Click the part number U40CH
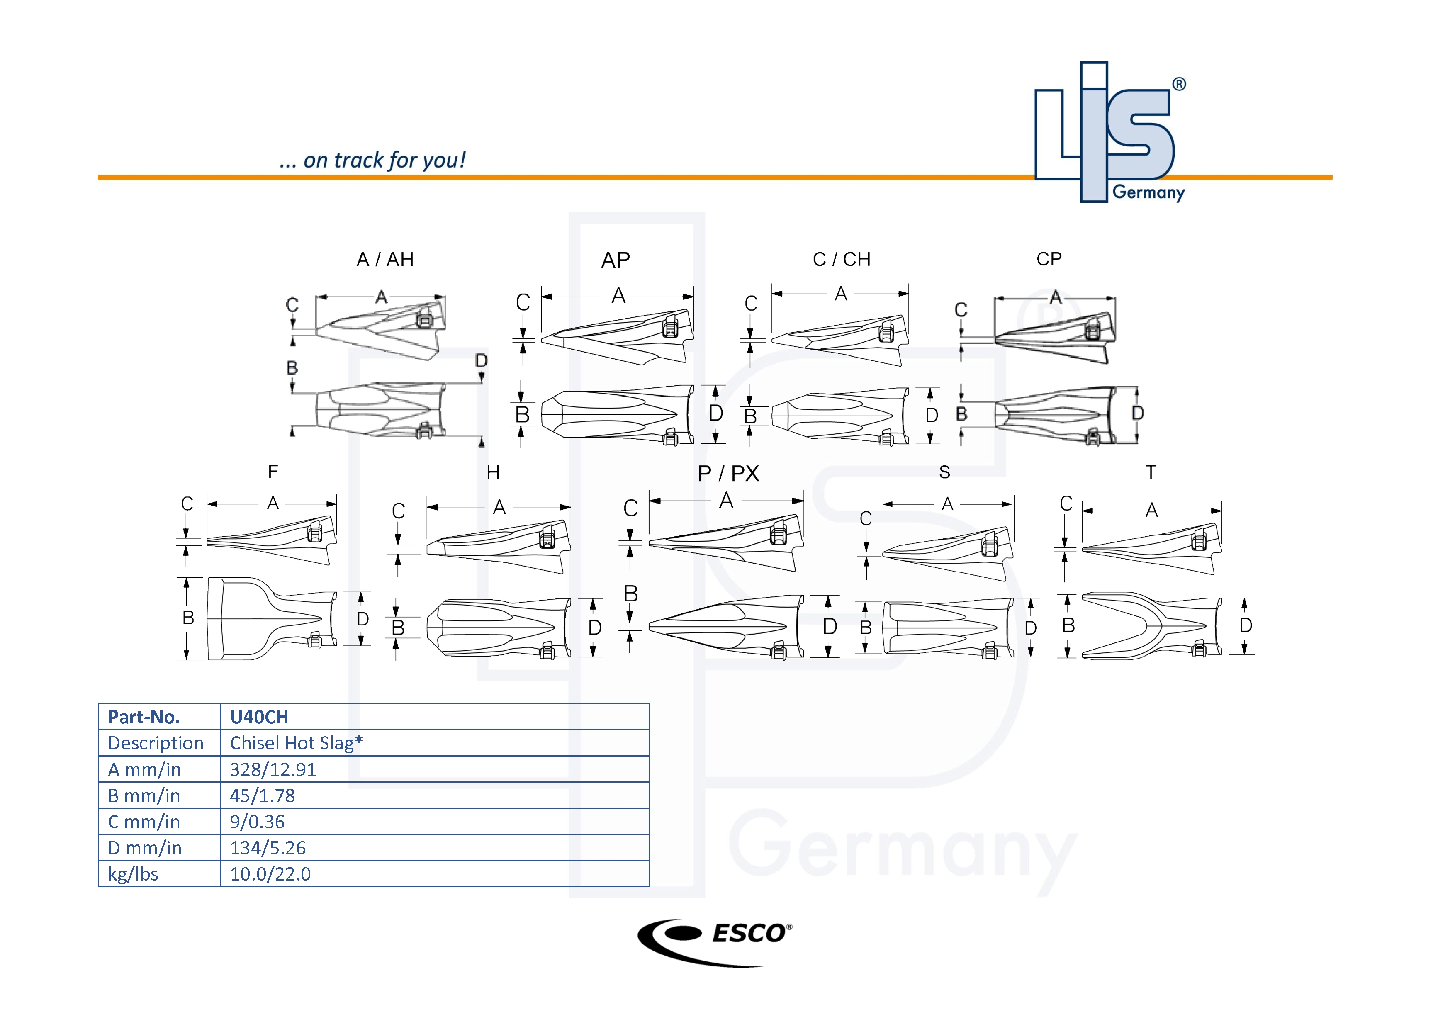pos(258,717)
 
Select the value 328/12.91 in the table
pos(273,769)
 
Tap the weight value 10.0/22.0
pos(270,874)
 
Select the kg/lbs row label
pos(133,874)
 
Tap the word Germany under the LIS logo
pos(1148,192)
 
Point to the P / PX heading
pos(728,473)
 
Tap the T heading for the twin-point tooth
pos(1151,472)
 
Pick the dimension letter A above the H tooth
pos(499,507)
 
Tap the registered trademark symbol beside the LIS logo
pos(1179,84)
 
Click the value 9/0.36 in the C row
pos(257,821)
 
